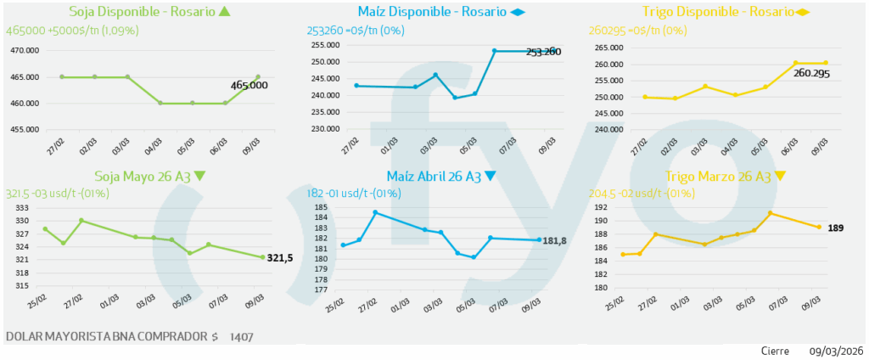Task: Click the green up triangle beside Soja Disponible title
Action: tap(224, 12)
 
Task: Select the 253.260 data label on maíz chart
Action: tap(543, 52)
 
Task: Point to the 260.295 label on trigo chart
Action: tap(810, 74)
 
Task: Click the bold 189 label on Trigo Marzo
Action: tap(836, 228)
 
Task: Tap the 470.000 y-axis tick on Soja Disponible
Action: tap(25, 50)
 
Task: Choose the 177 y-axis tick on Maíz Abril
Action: tap(321, 290)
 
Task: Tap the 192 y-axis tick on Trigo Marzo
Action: tap(602, 207)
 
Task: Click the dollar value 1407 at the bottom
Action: tap(241, 337)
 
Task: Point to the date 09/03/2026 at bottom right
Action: tap(836, 351)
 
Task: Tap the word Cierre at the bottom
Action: tap(775, 351)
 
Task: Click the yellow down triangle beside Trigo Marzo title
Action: tap(780, 177)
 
